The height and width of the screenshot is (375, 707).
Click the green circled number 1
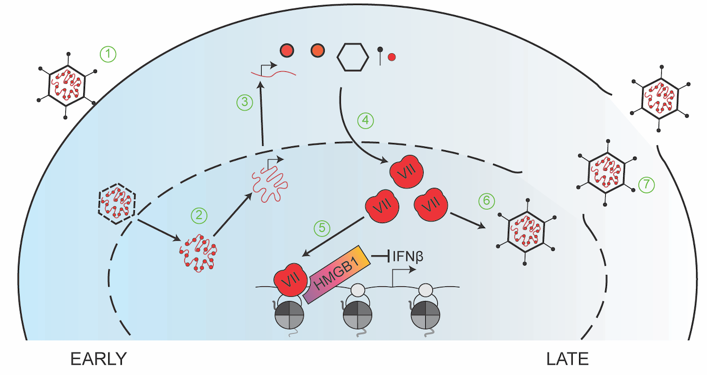tap(108, 54)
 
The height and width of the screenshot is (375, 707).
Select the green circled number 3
tap(245, 102)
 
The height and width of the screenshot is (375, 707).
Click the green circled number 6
tap(487, 201)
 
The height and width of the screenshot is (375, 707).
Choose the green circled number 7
tap(646, 185)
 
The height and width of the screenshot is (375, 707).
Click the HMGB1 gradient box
tap(336, 277)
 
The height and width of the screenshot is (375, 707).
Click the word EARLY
tap(98, 359)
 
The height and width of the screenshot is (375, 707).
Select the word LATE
tap(568, 359)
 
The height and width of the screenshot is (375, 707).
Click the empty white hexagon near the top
tap(352, 56)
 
